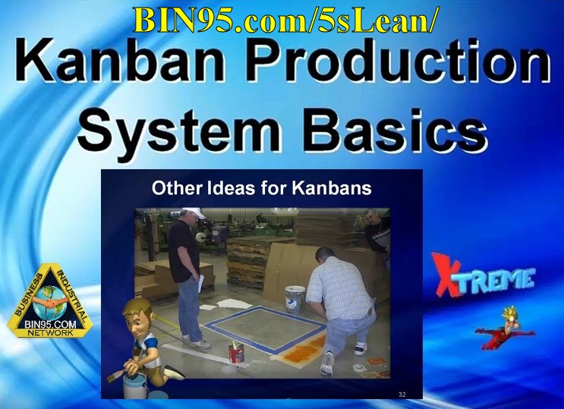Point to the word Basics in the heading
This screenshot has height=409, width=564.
[x=386, y=131]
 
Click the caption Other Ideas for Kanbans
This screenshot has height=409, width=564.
[x=262, y=187]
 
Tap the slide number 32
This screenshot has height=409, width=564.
[x=402, y=395]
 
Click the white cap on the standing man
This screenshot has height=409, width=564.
[x=194, y=214]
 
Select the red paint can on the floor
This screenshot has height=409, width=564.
[x=236, y=353]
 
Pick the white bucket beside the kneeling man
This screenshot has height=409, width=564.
[x=295, y=297]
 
